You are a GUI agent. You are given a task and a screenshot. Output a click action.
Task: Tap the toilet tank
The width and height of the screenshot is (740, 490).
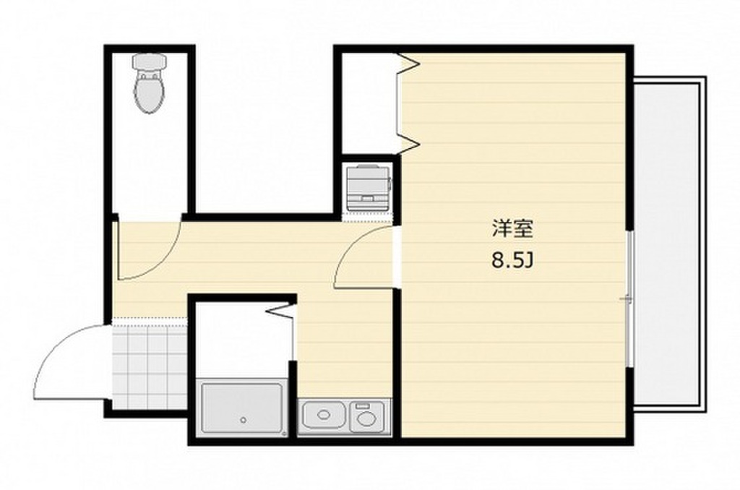click(x=150, y=62)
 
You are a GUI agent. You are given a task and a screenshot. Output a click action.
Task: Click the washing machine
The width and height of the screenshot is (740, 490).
click(x=368, y=187)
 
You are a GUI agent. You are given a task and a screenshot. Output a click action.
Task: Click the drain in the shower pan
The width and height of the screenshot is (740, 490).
click(x=244, y=420)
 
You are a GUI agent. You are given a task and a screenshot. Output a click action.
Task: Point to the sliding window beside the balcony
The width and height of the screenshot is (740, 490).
click(x=629, y=298)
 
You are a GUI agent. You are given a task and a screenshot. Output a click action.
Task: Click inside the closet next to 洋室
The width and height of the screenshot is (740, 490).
click(x=368, y=101)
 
